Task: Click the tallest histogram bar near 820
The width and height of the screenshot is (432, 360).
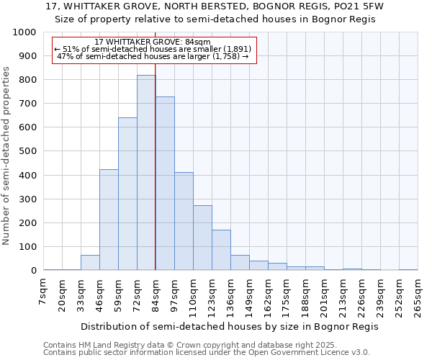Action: [146, 173]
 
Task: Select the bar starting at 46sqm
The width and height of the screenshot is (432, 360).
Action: [109, 220]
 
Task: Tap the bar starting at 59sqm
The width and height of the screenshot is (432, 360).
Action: [127, 194]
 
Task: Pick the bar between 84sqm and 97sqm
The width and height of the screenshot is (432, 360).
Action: [165, 184]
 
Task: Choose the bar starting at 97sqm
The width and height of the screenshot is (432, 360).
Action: [184, 221]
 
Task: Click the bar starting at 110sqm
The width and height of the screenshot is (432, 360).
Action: [202, 238]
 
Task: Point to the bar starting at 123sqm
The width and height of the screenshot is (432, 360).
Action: [221, 250]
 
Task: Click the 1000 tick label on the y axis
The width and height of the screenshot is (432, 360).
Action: [24, 32]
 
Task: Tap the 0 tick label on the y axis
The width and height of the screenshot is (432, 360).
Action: [34, 271]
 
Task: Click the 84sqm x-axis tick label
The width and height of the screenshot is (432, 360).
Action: [156, 295]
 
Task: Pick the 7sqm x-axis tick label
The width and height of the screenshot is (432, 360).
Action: [44, 292]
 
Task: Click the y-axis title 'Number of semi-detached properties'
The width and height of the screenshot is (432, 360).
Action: [7, 155]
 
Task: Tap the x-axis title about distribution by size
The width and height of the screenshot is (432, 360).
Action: [229, 326]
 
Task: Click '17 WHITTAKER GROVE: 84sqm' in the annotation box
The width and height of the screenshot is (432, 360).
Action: [153, 42]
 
